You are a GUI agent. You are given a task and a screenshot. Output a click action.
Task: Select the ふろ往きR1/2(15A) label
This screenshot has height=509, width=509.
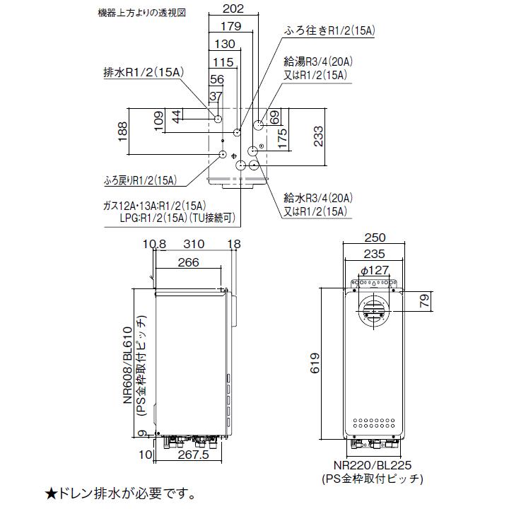[x=329, y=30]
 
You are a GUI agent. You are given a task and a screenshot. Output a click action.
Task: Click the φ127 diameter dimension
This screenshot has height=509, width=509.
[x=375, y=269]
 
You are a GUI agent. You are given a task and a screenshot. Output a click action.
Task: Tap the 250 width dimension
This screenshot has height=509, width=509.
[x=375, y=238]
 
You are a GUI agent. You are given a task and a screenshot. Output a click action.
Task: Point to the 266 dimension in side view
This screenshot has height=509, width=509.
[x=187, y=262]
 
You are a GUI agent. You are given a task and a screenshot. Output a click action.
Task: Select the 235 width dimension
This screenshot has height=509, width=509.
[x=375, y=254]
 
